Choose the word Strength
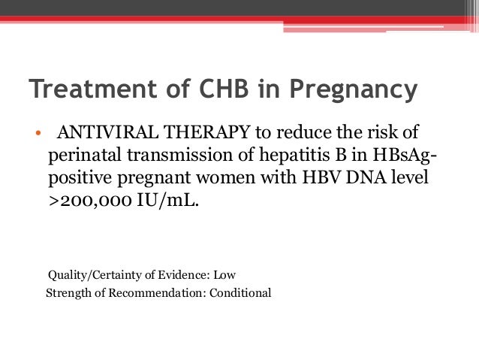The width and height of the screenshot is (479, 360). pos(68,292)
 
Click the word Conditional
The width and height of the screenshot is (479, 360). pos(240,292)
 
